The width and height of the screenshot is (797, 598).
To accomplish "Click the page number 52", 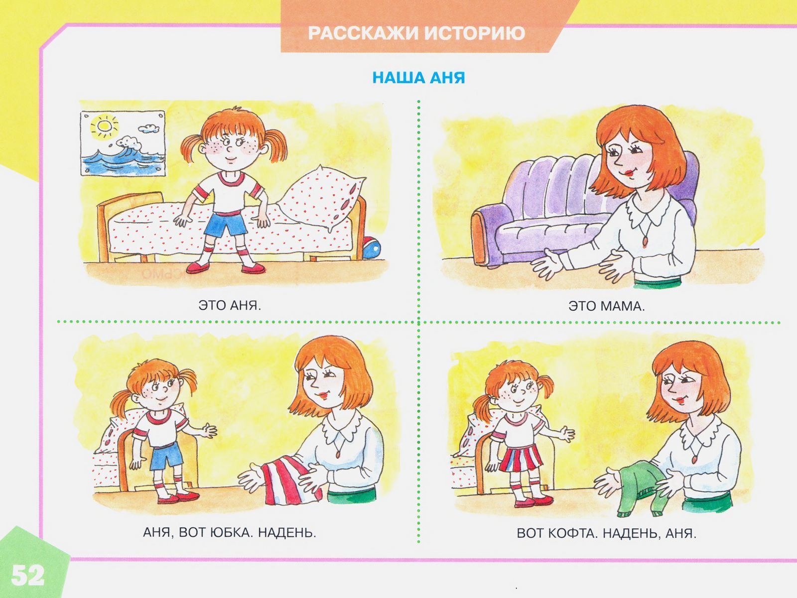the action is (27, 576).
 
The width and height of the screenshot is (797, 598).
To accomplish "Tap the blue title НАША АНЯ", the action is (418, 78).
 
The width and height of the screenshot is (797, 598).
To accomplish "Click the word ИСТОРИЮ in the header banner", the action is (475, 33).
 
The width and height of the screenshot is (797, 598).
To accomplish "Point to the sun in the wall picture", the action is (105, 126).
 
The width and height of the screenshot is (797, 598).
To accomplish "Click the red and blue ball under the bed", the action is (371, 247).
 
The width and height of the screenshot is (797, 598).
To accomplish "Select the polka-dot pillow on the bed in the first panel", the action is (323, 198).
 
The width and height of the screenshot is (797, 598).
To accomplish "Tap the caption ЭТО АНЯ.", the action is (230, 305).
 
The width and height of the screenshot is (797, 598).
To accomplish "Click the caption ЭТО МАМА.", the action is (606, 306).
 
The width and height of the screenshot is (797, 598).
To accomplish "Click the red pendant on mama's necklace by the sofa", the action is (645, 241).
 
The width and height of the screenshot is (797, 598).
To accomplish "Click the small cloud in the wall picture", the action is (148, 128).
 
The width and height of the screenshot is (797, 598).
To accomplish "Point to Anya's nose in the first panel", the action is (229, 149).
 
